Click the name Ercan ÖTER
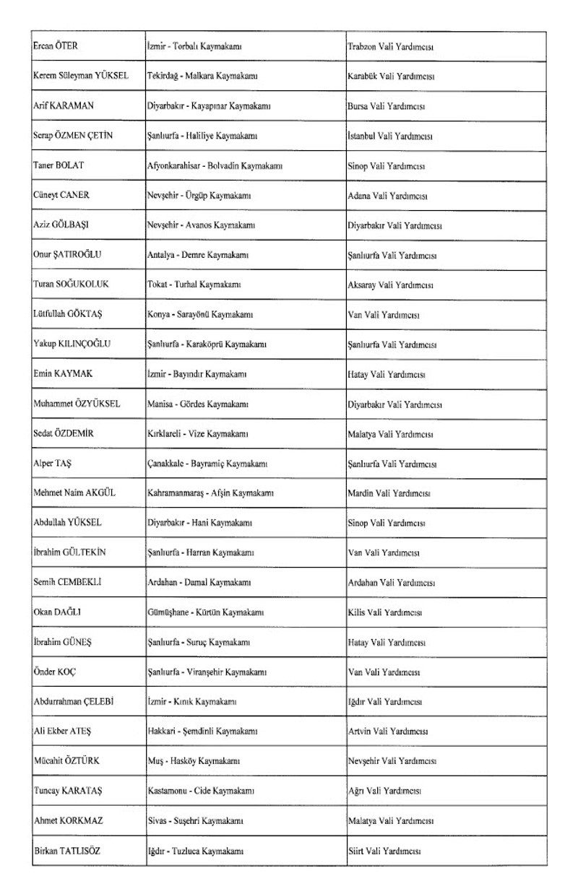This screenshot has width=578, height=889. (56, 47)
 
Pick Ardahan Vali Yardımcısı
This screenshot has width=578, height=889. (391, 582)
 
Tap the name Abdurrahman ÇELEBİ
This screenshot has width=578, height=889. (75, 701)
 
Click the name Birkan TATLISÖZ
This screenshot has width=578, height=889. (67, 850)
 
